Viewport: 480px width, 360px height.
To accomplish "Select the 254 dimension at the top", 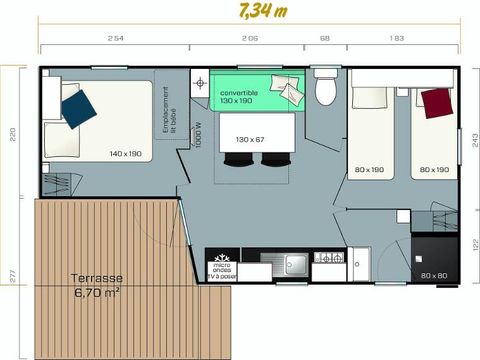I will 114,39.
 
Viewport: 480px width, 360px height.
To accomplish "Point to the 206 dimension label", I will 250,39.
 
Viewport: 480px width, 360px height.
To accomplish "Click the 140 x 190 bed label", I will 127,154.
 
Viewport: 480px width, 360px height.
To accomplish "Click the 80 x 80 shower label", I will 433,275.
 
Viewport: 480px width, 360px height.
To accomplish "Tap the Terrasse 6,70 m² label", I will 97,285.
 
